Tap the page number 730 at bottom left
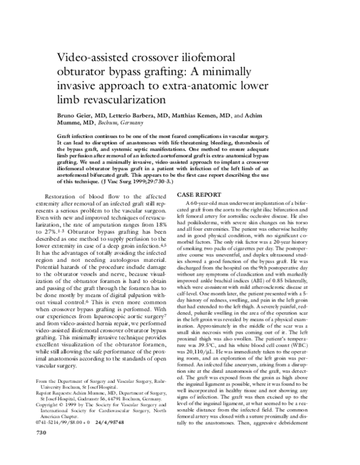coord(25,449)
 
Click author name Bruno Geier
coord(76,114)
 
